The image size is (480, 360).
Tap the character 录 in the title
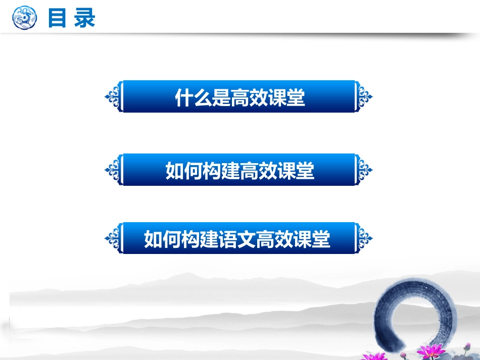pos(84,18)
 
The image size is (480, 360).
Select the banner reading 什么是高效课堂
pos(239,96)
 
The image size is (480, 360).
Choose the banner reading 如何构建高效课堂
pos(239,170)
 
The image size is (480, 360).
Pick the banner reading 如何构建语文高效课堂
pos(239,238)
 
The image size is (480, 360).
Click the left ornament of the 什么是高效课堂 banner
pos(114,96)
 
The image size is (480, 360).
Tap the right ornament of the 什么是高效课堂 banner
pos(363,96)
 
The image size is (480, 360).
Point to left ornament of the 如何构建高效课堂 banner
pos(114,170)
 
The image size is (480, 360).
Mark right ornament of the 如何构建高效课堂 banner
pos(363,170)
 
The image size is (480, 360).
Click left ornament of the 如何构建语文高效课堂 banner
pos(114,238)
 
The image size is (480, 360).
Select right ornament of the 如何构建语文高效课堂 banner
pos(363,238)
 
